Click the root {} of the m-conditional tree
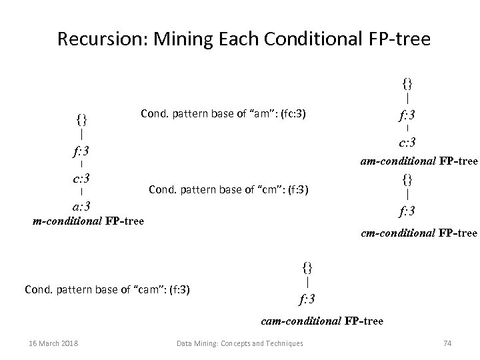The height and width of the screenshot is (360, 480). click(x=81, y=120)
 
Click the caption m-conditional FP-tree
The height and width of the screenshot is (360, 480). click(x=88, y=221)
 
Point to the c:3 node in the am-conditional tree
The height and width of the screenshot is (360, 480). click(x=407, y=142)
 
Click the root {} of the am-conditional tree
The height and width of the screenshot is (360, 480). click(x=407, y=83)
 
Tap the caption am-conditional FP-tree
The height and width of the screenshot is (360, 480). click(x=419, y=161)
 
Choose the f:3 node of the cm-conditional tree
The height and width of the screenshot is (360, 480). click(x=407, y=212)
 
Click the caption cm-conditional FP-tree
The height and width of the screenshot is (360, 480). click(x=419, y=233)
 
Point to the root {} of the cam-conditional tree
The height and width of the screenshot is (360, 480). click(x=307, y=268)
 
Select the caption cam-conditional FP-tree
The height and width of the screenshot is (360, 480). click(x=322, y=321)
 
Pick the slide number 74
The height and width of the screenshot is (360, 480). click(x=447, y=343)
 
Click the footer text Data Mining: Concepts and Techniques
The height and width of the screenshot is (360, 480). click(x=239, y=343)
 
